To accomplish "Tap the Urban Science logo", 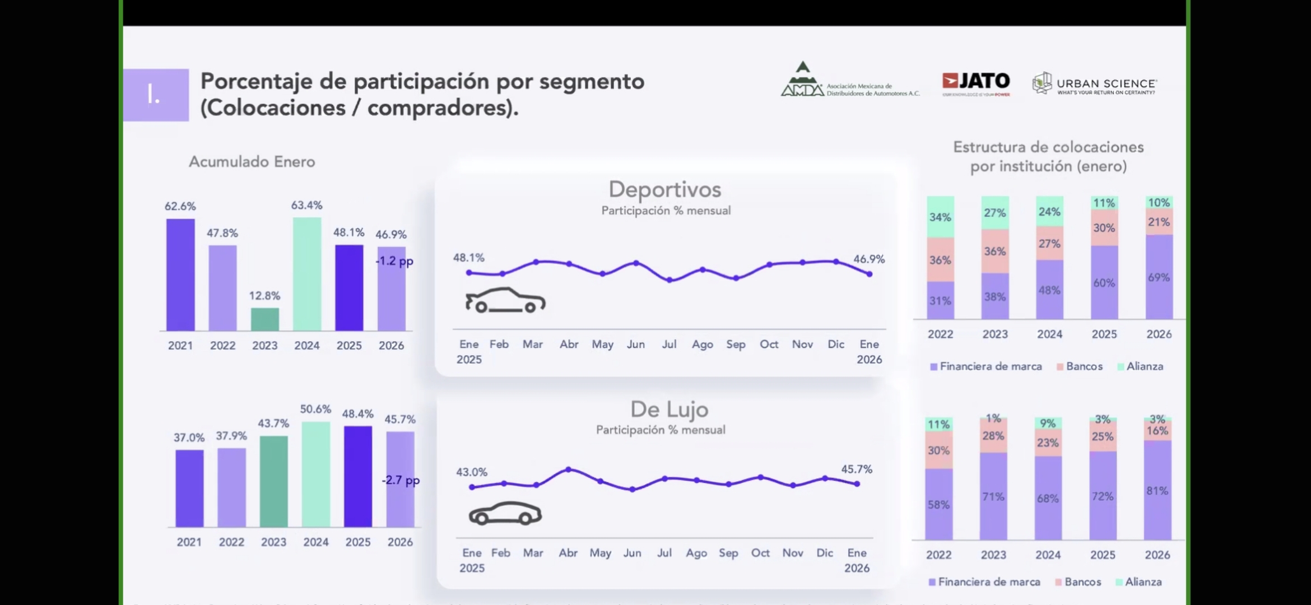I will coord(1094,84).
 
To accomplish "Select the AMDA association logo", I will coord(850,81).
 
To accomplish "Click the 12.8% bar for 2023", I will coord(265,319).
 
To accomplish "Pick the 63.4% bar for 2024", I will coord(307,274).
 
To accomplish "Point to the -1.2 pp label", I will coord(394,261).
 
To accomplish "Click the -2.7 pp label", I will coord(401,480).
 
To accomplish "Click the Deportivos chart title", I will coord(665,189).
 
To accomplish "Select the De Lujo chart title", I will coord(670,409).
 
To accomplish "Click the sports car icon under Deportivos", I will coord(505,300).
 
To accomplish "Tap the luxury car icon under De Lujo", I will coord(505,513).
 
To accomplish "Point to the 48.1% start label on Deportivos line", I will coord(468,258).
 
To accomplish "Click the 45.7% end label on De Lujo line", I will coord(857,469).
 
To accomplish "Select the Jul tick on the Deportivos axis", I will coord(669,344).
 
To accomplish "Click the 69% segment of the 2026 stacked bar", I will coord(1159,277).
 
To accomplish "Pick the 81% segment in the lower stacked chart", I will coord(1157,491).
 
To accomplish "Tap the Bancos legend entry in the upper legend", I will coord(1084,366).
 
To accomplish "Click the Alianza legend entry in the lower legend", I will coord(1143,582).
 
